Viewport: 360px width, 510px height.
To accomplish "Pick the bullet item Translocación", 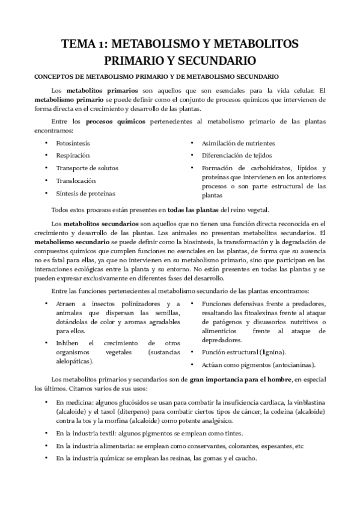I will click(x=75, y=180).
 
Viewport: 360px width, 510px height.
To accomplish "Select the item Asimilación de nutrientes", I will click(x=239, y=143).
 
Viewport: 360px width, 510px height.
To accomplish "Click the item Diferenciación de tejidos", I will click(x=237, y=155).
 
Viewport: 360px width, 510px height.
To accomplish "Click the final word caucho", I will click(x=247, y=458).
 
